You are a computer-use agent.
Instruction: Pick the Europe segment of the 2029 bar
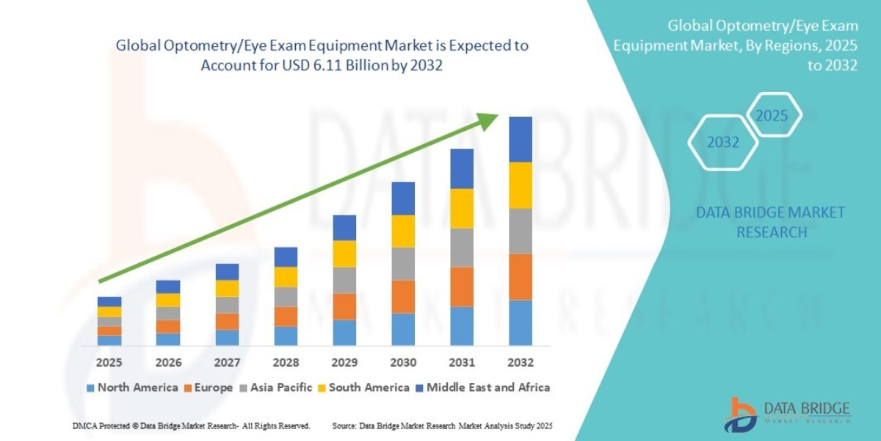tap(344, 306)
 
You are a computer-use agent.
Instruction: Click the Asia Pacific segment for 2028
tap(286, 296)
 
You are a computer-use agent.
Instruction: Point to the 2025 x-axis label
tap(109, 362)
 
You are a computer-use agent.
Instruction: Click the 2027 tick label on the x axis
tap(227, 362)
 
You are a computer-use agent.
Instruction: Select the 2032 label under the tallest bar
tap(520, 362)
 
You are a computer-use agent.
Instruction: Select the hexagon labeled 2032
tap(723, 143)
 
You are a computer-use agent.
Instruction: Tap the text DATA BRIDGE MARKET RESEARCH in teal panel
tap(770, 222)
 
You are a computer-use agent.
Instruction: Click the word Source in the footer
tap(344, 426)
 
